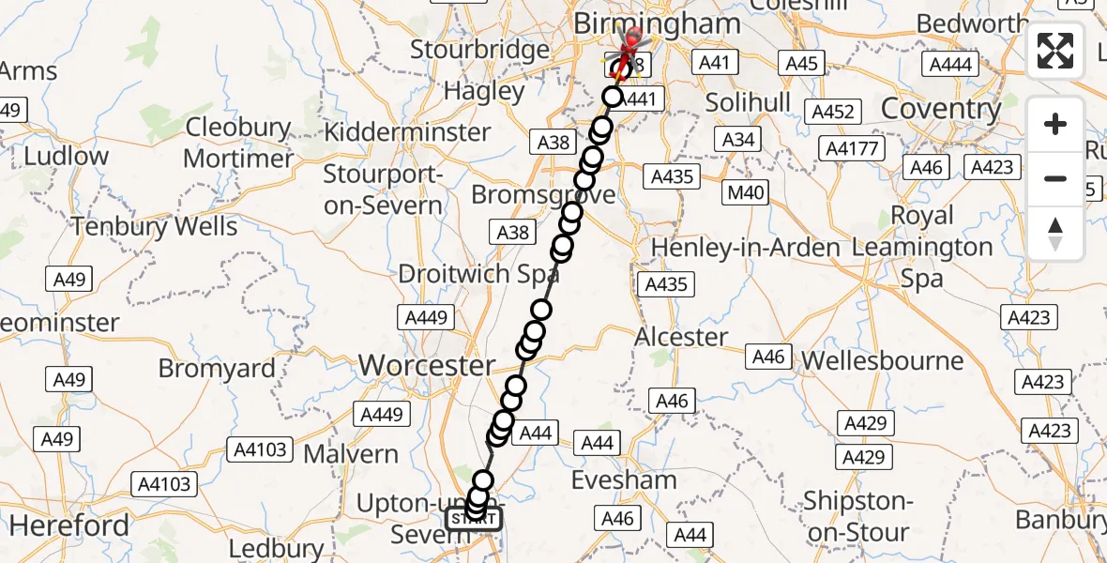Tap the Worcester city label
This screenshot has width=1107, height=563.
(x=427, y=365)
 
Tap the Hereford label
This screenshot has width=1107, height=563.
(x=69, y=525)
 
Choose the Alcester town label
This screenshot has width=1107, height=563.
(x=681, y=336)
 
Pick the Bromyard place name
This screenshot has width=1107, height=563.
(x=217, y=368)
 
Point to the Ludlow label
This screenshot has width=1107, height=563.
(x=67, y=156)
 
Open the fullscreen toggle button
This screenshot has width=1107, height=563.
(x=1055, y=51)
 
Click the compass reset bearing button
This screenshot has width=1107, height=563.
(x=1055, y=233)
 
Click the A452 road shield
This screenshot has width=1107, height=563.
(x=833, y=112)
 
